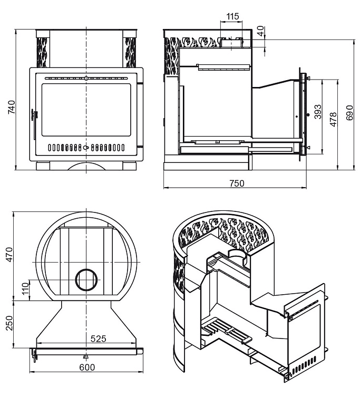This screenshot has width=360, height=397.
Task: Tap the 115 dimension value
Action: point(232,16)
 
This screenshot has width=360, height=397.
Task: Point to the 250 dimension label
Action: point(9,322)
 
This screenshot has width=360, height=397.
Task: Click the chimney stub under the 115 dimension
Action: point(231,42)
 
